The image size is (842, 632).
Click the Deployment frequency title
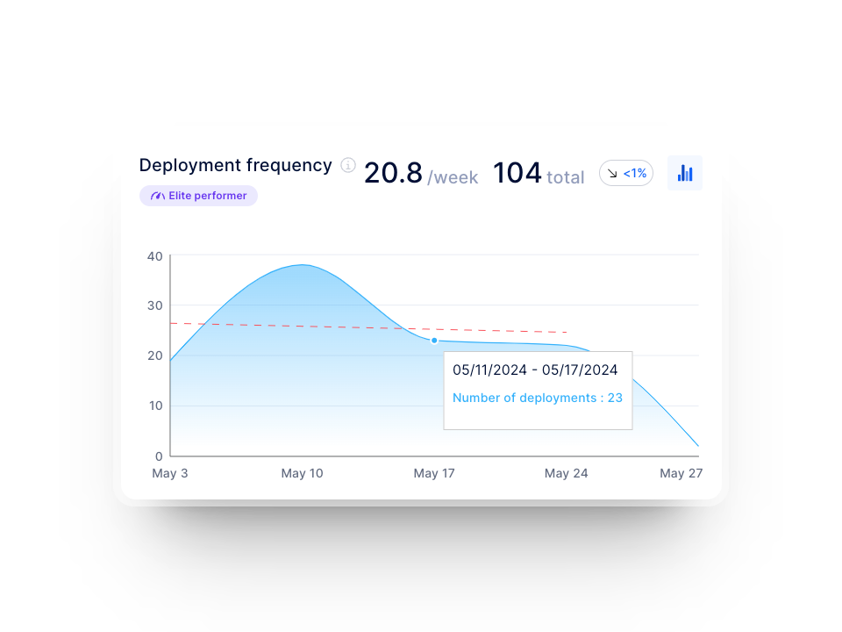(x=235, y=165)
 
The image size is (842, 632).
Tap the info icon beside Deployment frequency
(x=348, y=165)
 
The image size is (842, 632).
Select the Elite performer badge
(x=198, y=196)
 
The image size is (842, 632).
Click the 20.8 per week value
(x=393, y=173)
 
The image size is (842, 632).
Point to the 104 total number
(x=517, y=173)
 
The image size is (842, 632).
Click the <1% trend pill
(x=626, y=174)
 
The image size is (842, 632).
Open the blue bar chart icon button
(x=685, y=173)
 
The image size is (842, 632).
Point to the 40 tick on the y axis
(x=155, y=256)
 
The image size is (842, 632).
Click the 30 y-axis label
(x=155, y=305)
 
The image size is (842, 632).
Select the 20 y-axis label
(x=155, y=355)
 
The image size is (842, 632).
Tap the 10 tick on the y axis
(x=155, y=406)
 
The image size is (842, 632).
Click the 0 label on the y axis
(x=159, y=456)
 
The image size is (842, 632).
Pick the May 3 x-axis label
(x=170, y=473)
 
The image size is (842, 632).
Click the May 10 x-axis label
(x=302, y=473)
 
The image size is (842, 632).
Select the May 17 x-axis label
(x=434, y=473)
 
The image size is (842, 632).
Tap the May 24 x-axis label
(x=566, y=473)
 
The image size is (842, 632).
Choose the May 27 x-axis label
(x=681, y=473)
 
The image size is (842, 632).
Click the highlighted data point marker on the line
(x=434, y=341)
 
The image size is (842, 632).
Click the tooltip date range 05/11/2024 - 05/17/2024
(x=535, y=370)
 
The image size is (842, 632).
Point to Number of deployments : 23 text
(x=537, y=398)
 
